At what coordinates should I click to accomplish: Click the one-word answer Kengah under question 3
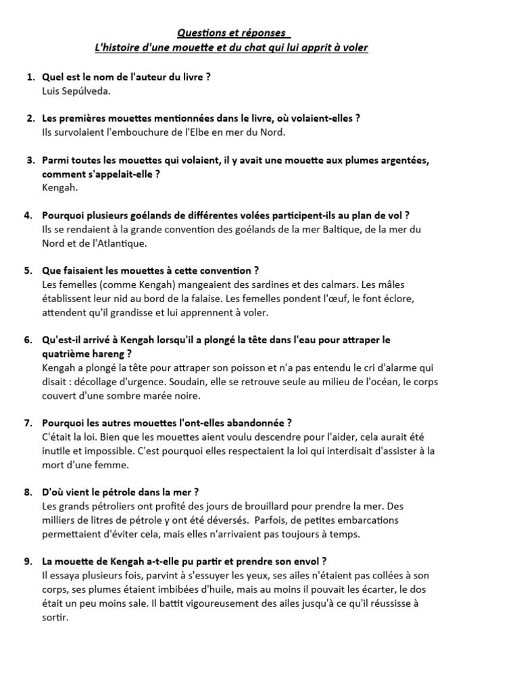59,187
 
